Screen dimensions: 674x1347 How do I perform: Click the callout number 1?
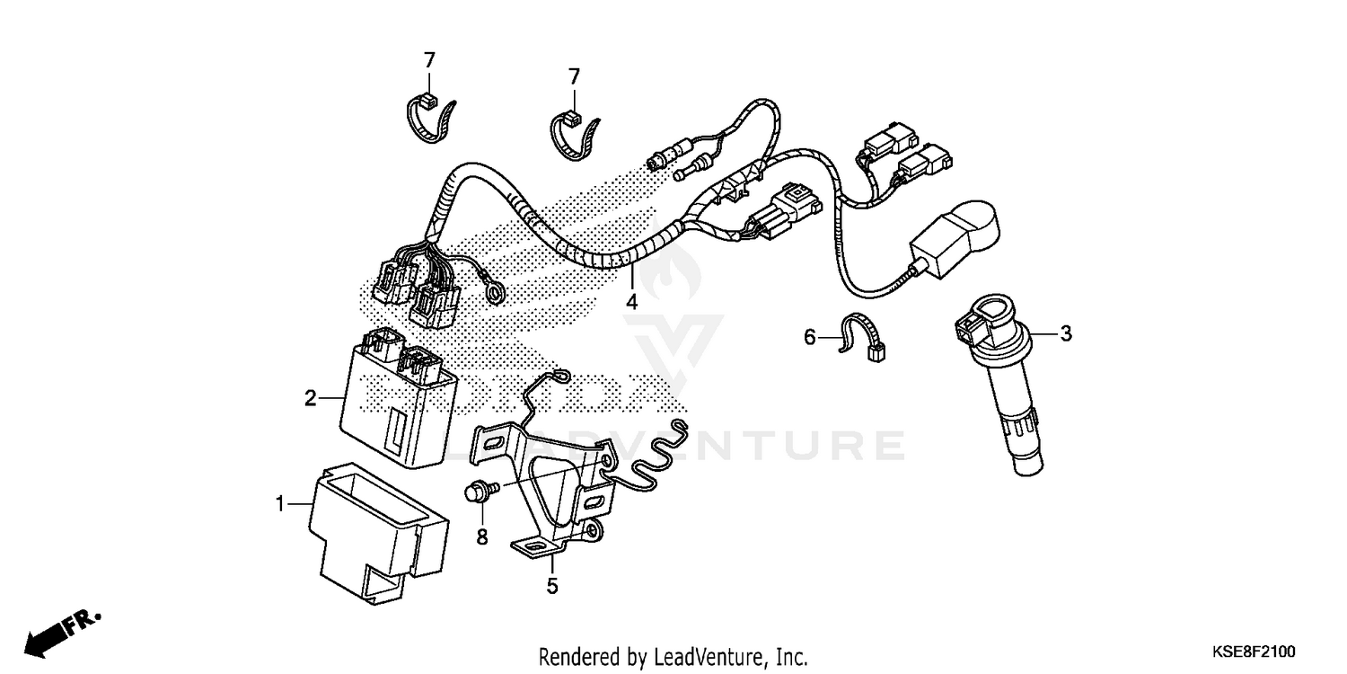[x=279, y=506]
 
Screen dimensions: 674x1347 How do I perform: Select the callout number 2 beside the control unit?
[x=310, y=398]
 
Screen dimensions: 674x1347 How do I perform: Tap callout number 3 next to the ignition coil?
[x=1066, y=334]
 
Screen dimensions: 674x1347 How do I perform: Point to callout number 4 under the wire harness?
[x=631, y=302]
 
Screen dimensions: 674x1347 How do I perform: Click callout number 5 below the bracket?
[x=552, y=587]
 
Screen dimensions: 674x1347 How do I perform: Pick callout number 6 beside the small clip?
[x=809, y=337]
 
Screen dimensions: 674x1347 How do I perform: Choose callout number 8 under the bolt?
[x=480, y=538]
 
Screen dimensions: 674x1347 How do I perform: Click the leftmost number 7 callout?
[x=429, y=60]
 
